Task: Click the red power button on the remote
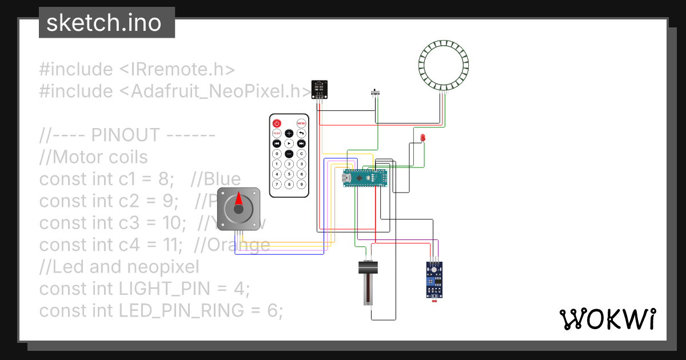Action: pyautogui.click(x=277, y=123)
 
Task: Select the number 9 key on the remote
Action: pyautogui.click(x=302, y=185)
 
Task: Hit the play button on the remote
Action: pyautogui.click(x=289, y=143)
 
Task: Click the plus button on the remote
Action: pyautogui.click(x=289, y=133)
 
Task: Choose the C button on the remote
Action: pyautogui.click(x=302, y=154)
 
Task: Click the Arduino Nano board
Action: pyautogui.click(x=365, y=178)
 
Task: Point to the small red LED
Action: pyautogui.click(x=422, y=138)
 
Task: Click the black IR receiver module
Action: pyautogui.click(x=320, y=89)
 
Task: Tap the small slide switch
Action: pyautogui.click(x=376, y=93)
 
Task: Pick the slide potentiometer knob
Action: pyautogui.click(x=368, y=267)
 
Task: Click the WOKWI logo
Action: pyautogui.click(x=607, y=319)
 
